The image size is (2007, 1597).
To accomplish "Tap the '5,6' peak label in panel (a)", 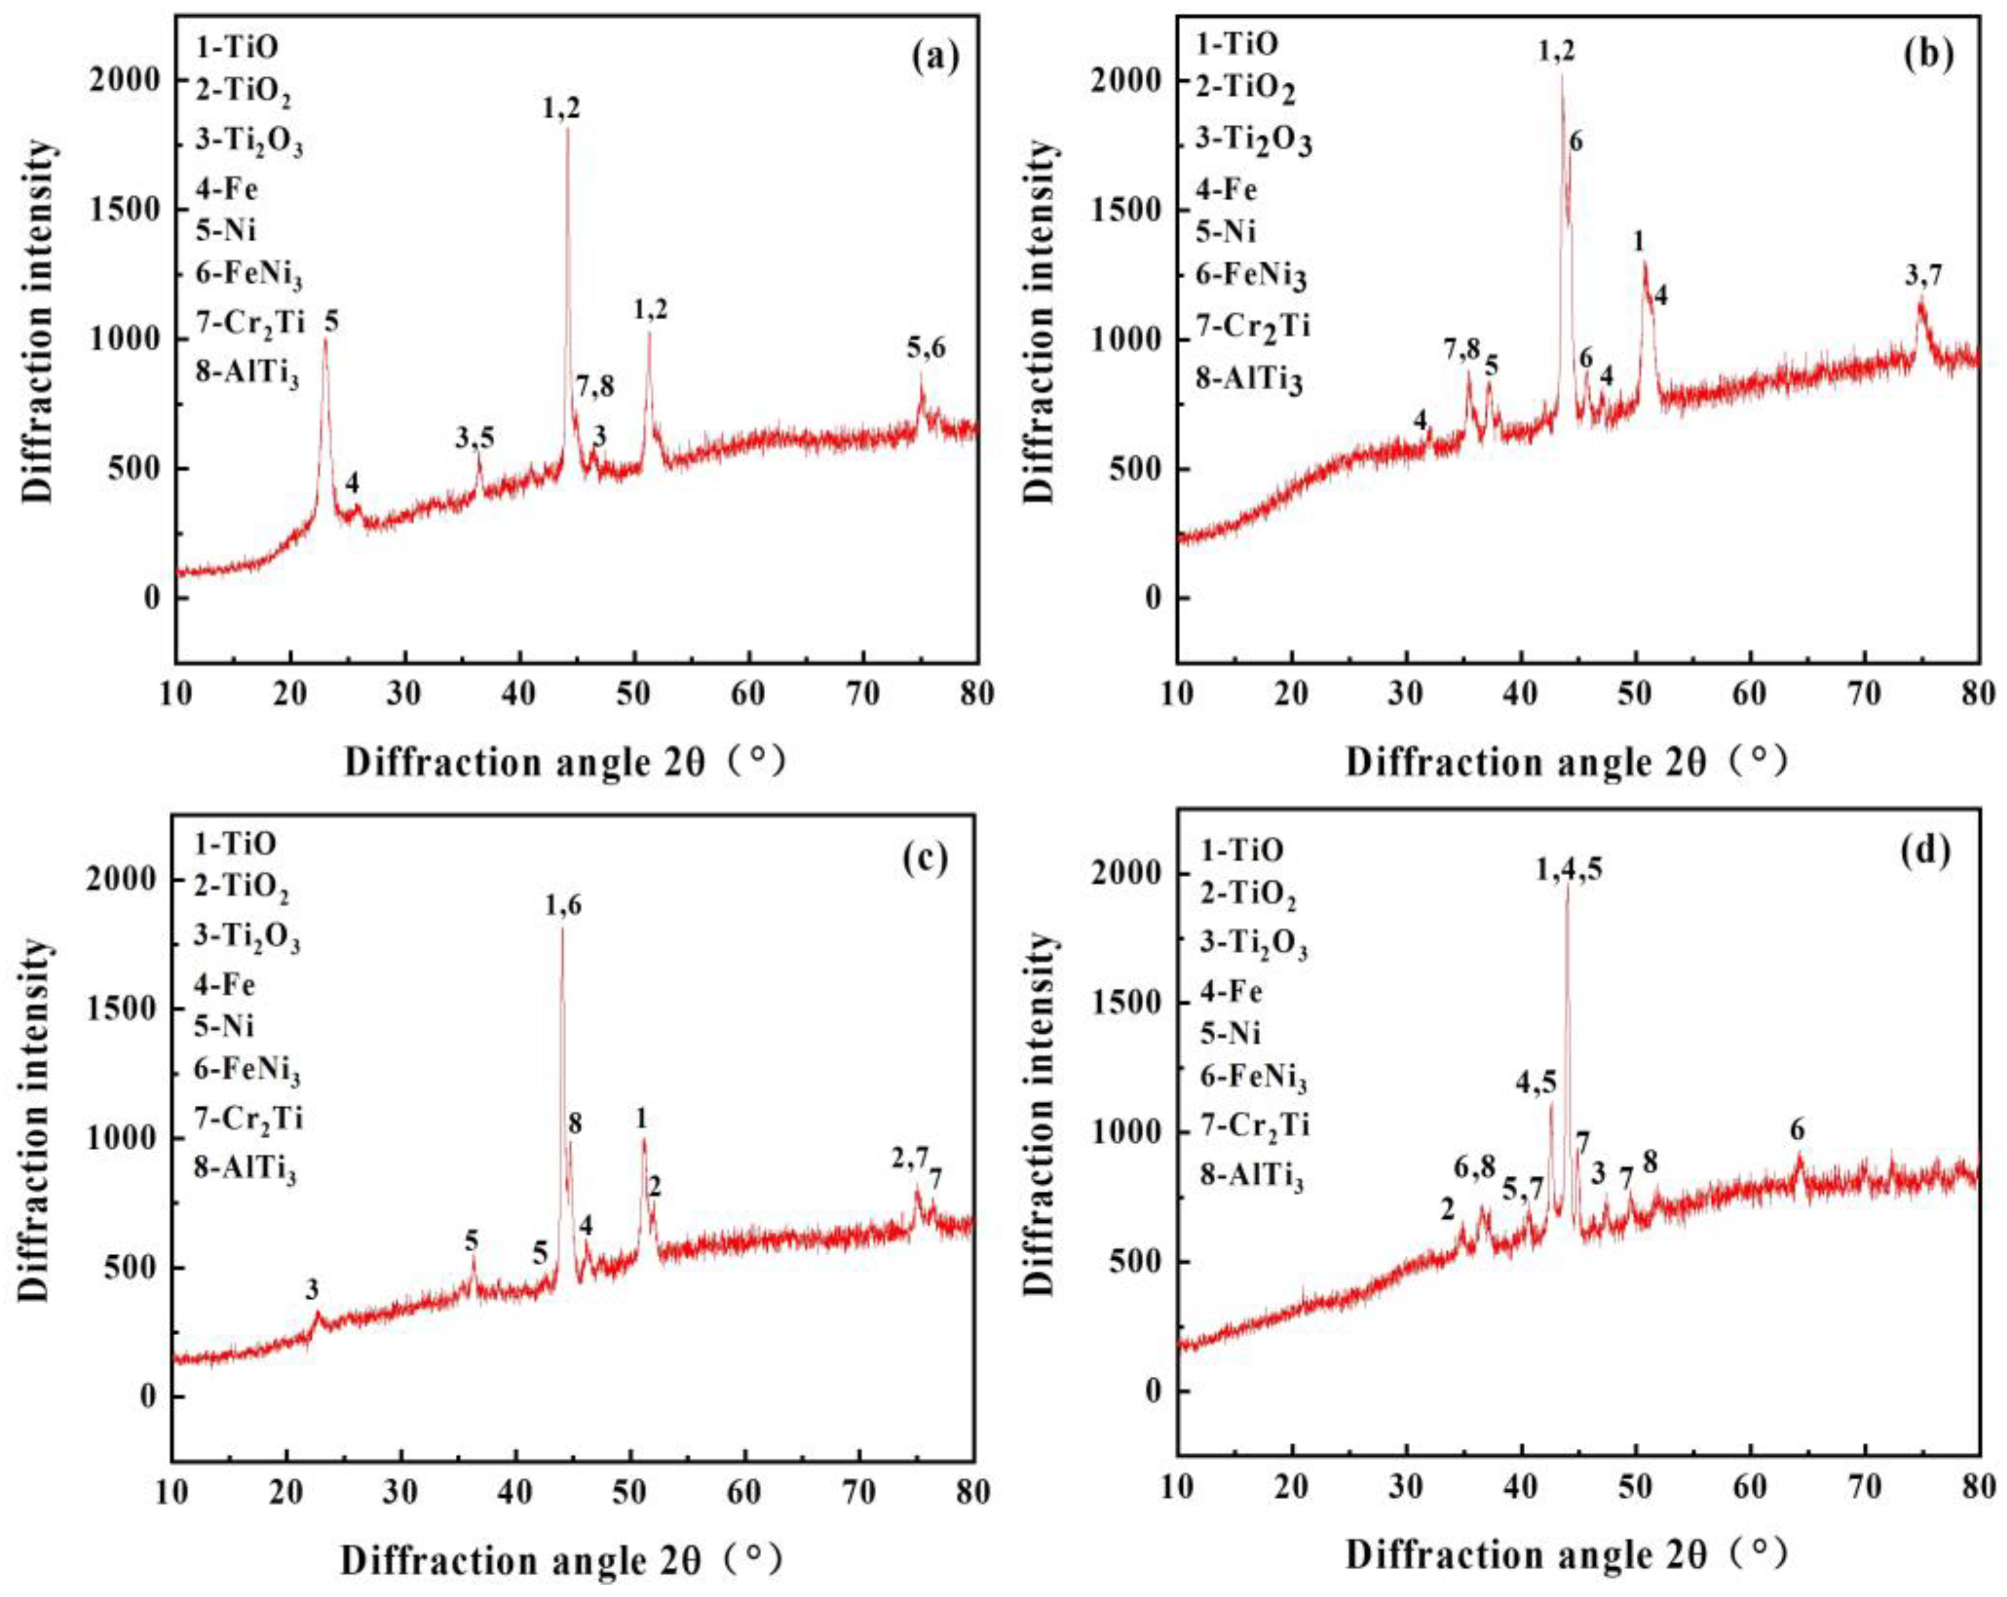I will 926,349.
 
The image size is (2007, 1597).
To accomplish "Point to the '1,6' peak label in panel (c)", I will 563,905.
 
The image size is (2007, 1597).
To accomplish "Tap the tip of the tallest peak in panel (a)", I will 567,129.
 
